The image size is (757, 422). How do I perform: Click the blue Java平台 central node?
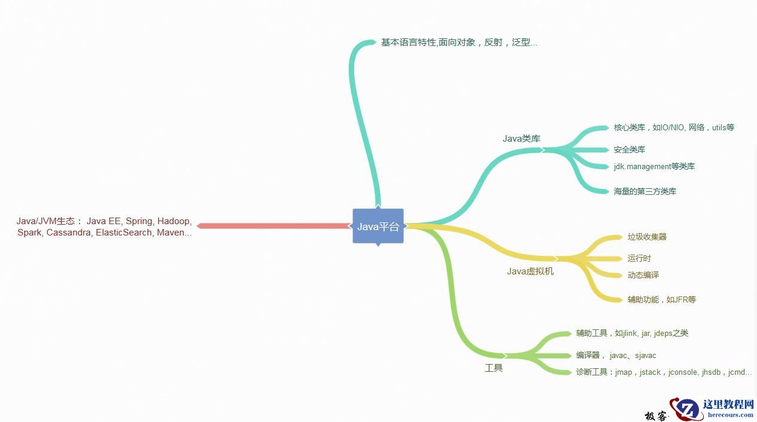tap(378, 226)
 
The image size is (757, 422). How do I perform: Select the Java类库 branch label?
tap(521, 139)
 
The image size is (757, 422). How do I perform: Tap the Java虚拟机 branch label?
tap(530, 271)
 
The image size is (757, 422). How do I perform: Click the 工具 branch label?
tap(494, 368)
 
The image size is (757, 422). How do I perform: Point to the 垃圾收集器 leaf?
tap(647, 237)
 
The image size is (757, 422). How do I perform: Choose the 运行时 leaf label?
tap(639, 258)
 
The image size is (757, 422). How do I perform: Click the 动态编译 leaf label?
tap(643, 275)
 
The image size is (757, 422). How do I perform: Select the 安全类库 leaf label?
tap(630, 149)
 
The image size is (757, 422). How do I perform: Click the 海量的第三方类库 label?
tap(645, 191)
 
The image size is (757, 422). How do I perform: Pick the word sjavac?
tap(646, 356)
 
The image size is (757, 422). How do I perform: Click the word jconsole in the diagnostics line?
tap(683, 372)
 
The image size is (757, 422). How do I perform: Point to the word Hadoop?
tap(174, 221)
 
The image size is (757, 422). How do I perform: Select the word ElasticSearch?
tap(124, 233)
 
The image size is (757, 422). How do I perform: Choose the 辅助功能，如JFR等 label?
tap(661, 299)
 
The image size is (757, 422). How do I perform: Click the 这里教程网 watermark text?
tap(728, 405)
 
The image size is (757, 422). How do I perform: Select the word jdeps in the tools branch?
tap(665, 334)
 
